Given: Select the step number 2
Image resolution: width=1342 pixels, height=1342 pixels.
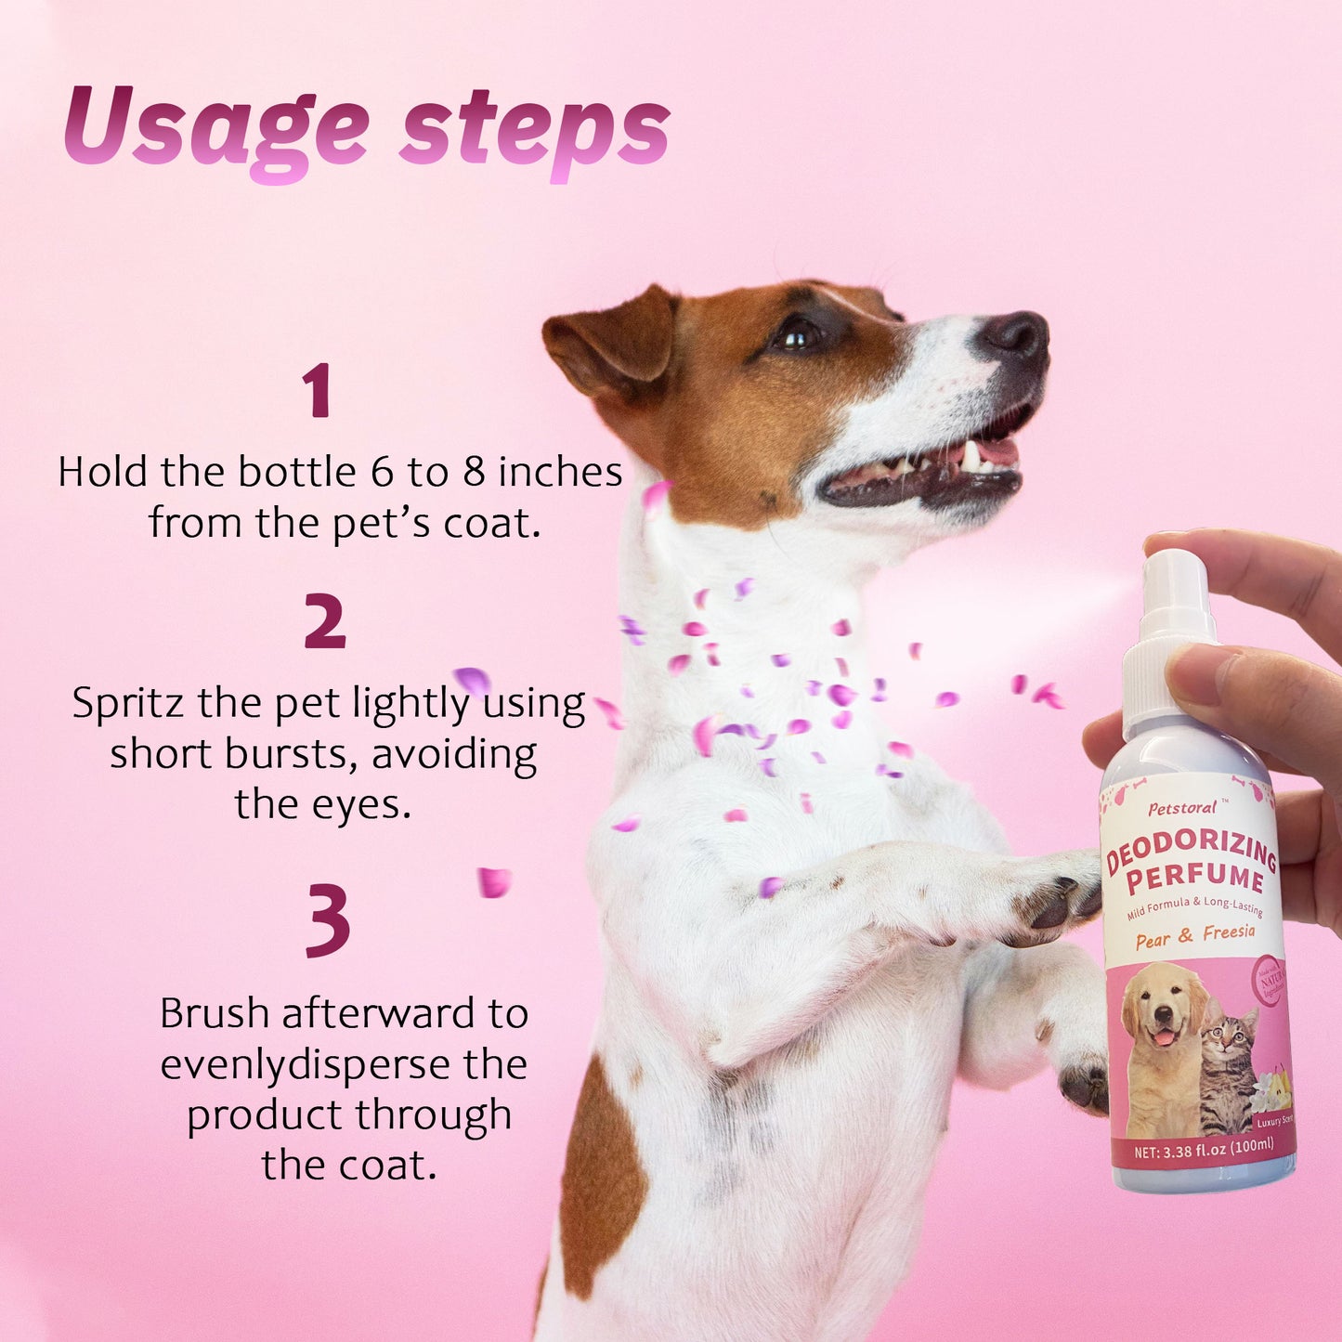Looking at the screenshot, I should pos(324,621).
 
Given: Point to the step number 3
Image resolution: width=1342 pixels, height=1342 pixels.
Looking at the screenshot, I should pos(328,919).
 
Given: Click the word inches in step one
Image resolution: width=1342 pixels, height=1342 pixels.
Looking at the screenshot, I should pos(560,473).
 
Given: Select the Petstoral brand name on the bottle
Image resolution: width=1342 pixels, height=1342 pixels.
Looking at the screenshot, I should pos(1181,808).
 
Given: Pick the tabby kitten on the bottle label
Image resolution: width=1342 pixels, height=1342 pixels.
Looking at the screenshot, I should pos(1228,1068).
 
